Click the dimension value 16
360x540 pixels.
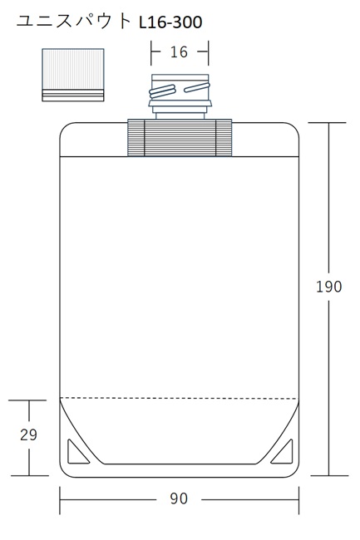click(x=179, y=52)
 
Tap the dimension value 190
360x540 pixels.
click(x=329, y=286)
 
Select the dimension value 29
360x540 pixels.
click(x=28, y=434)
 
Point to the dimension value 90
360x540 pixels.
click(x=179, y=498)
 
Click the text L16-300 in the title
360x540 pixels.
click(x=170, y=22)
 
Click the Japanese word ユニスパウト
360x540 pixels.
click(x=74, y=22)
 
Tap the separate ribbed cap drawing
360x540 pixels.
click(x=73, y=75)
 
